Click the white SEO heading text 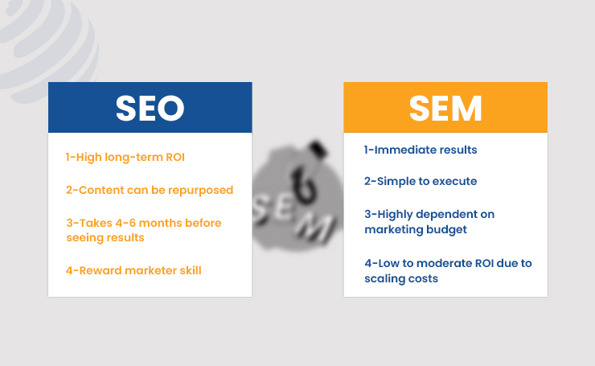coord(150,109)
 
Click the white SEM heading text coord(445,109)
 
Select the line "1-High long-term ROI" coord(125,157)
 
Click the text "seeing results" coord(105,238)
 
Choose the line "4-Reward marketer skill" coord(133,271)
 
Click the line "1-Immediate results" coord(421,150)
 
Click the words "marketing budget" coord(416,230)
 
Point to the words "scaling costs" coord(401,279)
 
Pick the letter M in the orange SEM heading coord(466,109)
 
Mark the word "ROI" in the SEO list coord(175,157)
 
